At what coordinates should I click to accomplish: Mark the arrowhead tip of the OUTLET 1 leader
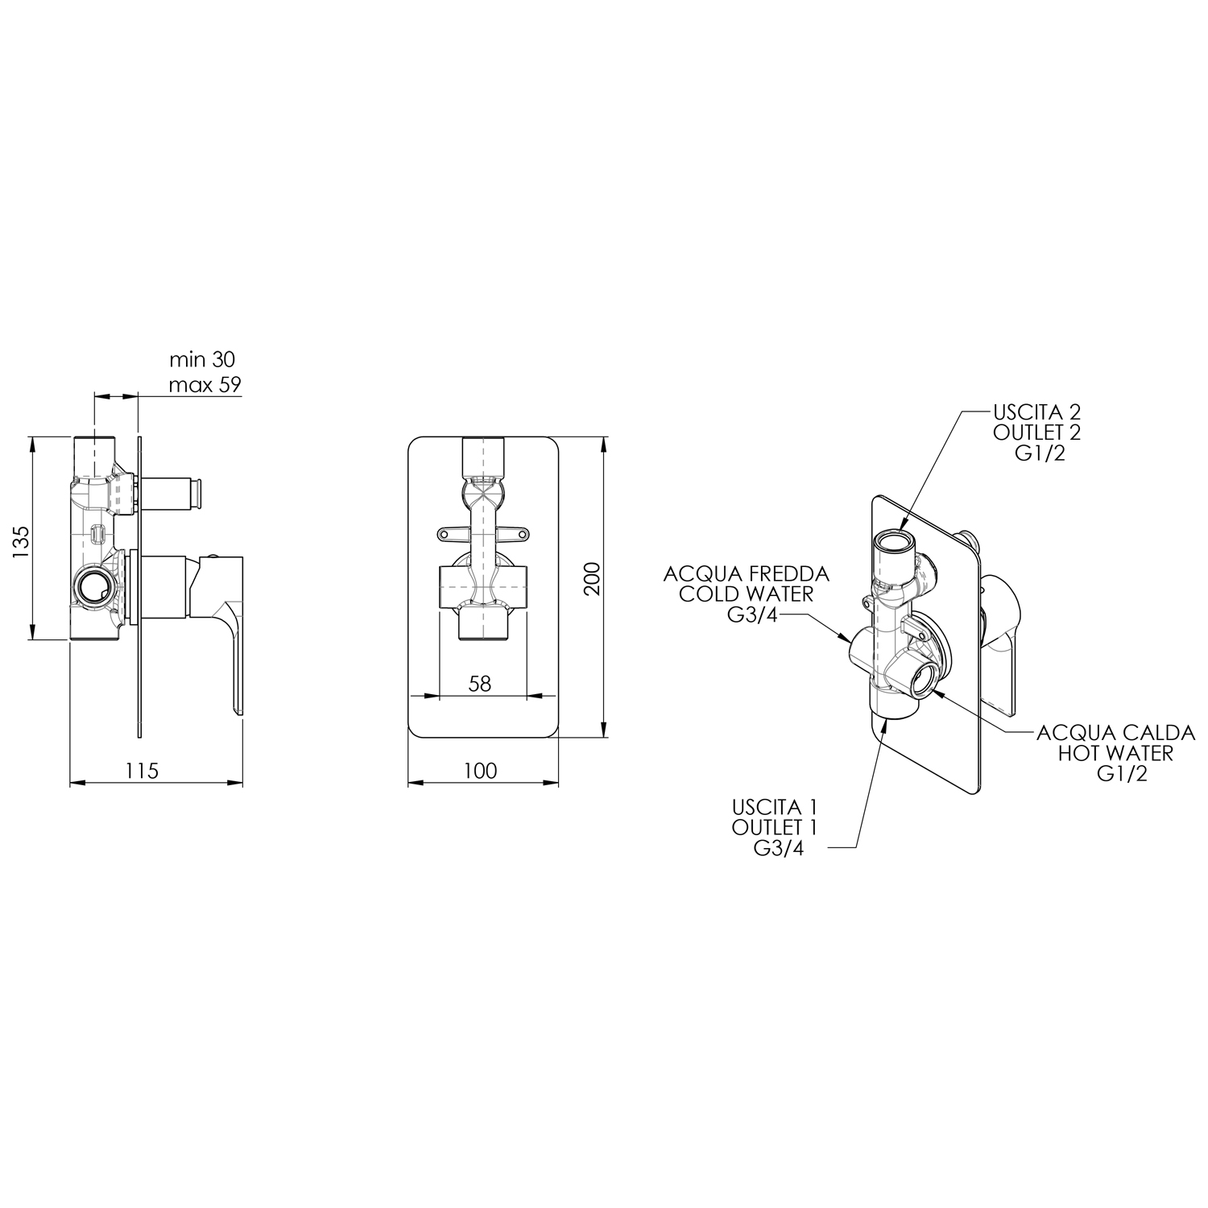tap(887, 721)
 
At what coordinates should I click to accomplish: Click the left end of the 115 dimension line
tap(71, 781)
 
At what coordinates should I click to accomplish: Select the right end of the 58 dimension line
tap(527, 695)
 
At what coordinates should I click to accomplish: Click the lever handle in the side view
tap(218, 628)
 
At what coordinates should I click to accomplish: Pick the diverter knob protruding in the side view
tap(173, 491)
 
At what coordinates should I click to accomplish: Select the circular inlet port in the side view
tap(94, 588)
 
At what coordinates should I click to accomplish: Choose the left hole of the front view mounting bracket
tap(444, 532)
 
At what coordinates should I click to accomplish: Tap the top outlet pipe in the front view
tap(482, 458)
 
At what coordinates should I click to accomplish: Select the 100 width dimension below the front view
tap(480, 771)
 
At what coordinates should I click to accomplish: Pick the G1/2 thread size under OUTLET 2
tap(1040, 453)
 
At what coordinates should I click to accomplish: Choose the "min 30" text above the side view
tap(202, 359)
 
